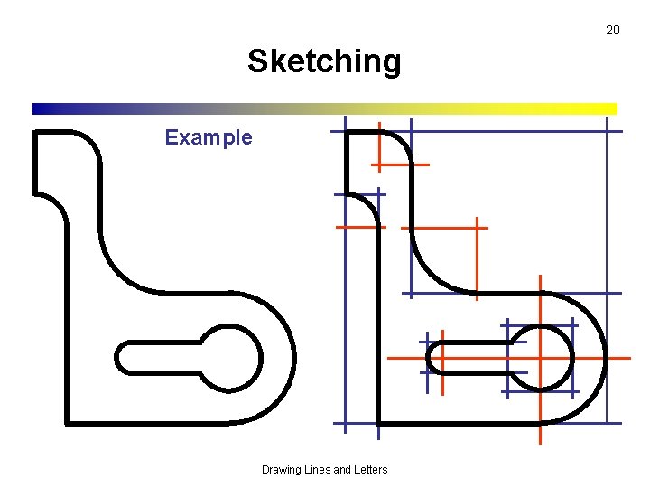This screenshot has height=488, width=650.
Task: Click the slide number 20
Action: pyautogui.click(x=612, y=30)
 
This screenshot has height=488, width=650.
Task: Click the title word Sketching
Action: pyautogui.click(x=324, y=61)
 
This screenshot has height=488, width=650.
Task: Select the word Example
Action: pyautogui.click(x=209, y=137)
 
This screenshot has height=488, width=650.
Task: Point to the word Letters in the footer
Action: pyautogui.click(x=368, y=469)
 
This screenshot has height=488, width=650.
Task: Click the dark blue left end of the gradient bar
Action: pyautogui.click(x=38, y=108)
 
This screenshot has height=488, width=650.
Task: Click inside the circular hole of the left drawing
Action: pyautogui.click(x=229, y=358)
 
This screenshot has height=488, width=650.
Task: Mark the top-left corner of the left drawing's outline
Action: pyautogui.click(x=36, y=133)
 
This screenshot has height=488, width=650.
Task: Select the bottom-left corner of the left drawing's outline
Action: pyautogui.click(x=67, y=421)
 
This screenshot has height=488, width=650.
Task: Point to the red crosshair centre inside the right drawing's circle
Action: pyautogui.click(x=540, y=358)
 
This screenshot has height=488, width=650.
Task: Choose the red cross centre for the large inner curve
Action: pyautogui.click(x=477, y=228)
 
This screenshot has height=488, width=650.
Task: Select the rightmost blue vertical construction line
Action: pyautogui.click(x=607, y=271)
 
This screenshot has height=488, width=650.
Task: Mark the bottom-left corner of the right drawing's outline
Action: pyautogui.click(x=378, y=422)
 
